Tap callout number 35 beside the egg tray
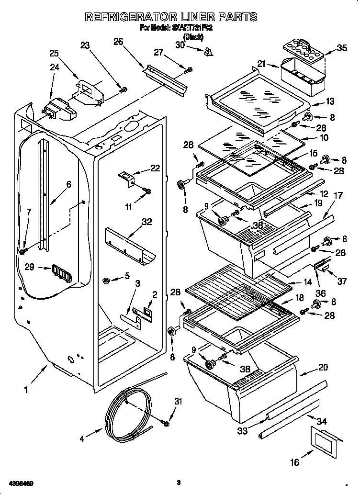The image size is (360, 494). [341, 47]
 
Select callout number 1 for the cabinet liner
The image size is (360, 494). [27, 390]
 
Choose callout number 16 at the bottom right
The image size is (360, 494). [295, 462]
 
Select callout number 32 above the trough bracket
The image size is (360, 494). [146, 221]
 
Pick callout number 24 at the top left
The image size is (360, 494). [55, 67]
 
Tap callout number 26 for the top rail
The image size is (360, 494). [118, 42]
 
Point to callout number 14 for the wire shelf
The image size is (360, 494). [307, 282]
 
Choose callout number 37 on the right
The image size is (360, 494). [342, 281]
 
